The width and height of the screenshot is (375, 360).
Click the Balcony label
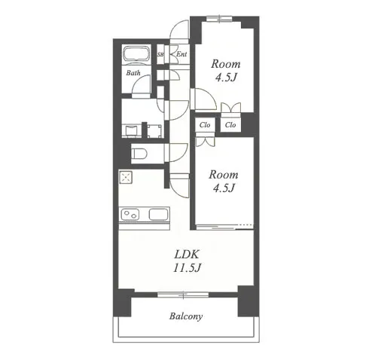pyautogui.click(x=186, y=316)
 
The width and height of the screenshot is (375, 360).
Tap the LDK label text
pyautogui.click(x=187, y=255)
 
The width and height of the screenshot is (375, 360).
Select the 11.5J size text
pyautogui.click(x=187, y=268)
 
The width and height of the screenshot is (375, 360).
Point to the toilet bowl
pyautogui.click(x=139, y=154)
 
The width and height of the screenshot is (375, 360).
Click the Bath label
pyautogui.click(x=133, y=73)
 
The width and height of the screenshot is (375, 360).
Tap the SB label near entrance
pyautogui.click(x=160, y=54)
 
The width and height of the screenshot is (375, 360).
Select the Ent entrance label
pyautogui.click(x=181, y=54)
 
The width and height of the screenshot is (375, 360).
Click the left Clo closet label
pyautogui.click(x=205, y=125)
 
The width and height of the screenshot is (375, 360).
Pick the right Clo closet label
pyautogui.click(x=230, y=125)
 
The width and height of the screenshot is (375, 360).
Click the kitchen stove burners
pyautogui.click(x=130, y=215)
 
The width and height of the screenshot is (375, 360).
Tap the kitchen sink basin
pyautogui.click(x=158, y=215)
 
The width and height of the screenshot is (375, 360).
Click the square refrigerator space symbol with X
pyautogui.click(x=126, y=177)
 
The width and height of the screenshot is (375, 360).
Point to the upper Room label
pyautogui.click(x=226, y=64)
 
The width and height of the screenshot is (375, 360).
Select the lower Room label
pyautogui.click(x=224, y=175)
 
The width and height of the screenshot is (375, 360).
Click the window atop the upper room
pyautogui.click(x=220, y=19)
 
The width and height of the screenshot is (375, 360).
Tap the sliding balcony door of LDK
pyautogui.click(x=183, y=294)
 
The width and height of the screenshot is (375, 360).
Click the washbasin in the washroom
pyautogui.click(x=131, y=131)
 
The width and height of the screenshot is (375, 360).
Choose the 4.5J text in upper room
pyautogui.click(x=226, y=78)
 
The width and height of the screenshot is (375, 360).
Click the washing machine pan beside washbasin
pyautogui.click(x=155, y=131)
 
